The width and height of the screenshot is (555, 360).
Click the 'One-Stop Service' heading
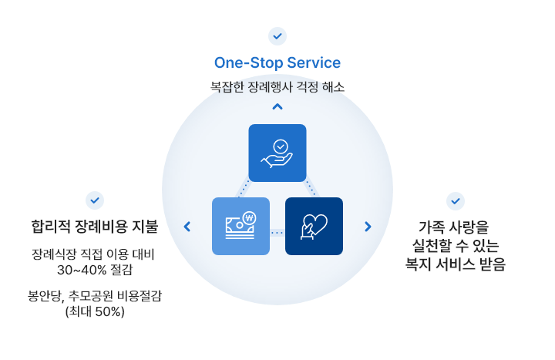pyautogui.click(x=277, y=62)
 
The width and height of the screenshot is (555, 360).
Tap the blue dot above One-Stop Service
pyautogui.click(x=277, y=36)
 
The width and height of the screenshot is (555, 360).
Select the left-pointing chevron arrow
pyautogui.click(x=187, y=227)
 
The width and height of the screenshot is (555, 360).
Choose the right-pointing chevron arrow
pyautogui.click(x=368, y=227)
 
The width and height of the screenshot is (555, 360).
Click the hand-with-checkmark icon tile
pyautogui.click(x=277, y=153)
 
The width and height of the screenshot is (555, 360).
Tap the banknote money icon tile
pyautogui.click(x=240, y=227)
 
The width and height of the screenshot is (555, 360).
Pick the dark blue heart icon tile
pyautogui.click(x=314, y=227)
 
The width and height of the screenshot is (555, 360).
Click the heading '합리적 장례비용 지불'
pyautogui.click(x=94, y=227)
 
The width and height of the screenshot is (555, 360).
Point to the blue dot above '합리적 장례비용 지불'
pyautogui.click(x=95, y=201)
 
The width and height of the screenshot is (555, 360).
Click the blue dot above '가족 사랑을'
pyautogui.click(x=456, y=201)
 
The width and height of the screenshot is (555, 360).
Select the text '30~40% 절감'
pyautogui.click(x=94, y=270)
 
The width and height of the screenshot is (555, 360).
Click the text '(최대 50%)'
pyautogui.click(x=95, y=312)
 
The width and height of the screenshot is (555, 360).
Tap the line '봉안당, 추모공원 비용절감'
pyautogui.click(x=95, y=296)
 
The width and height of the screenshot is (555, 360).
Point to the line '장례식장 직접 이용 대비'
pyautogui.click(x=94, y=254)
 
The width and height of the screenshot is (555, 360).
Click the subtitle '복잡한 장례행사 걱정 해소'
pyautogui.click(x=277, y=86)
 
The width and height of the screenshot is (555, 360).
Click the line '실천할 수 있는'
pyautogui.click(x=456, y=246)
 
